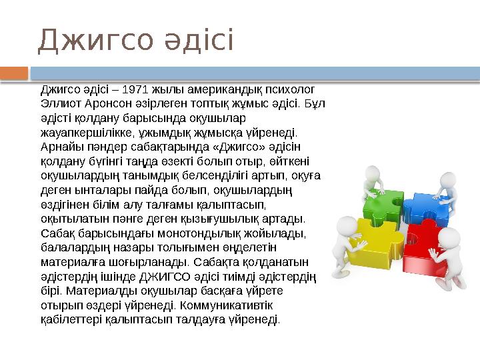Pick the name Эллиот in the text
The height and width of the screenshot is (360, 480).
click(x=62, y=104)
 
